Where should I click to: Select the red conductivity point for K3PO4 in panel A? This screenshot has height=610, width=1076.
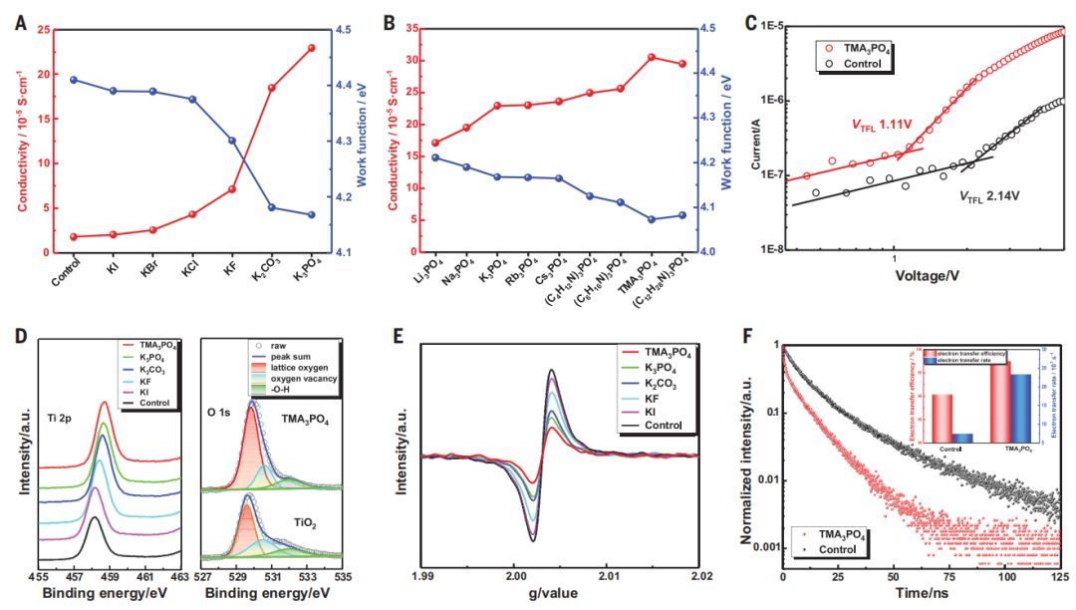tap(311, 48)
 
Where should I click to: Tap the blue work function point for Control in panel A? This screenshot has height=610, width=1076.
tap(74, 80)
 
